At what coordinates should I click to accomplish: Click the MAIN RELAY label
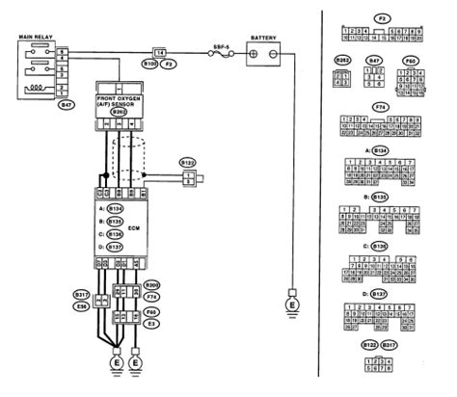[33, 37]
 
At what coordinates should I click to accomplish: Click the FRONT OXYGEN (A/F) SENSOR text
[119, 102]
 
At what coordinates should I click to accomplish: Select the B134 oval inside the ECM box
[116, 208]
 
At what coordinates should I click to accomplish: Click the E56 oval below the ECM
[82, 305]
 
